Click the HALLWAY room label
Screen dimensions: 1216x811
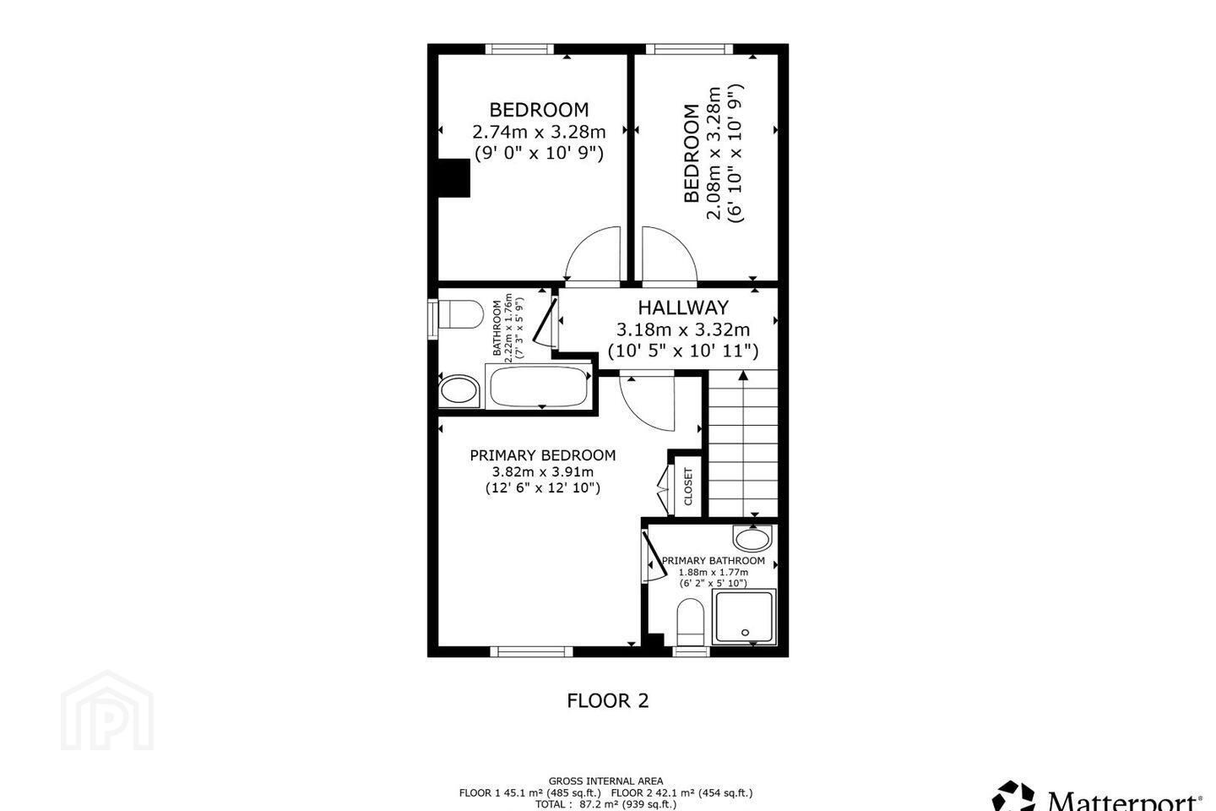[x=683, y=308]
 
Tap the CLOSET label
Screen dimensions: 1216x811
[x=688, y=486]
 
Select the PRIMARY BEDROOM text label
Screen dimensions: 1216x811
[x=543, y=455]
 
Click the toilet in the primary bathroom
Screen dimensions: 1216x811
[x=691, y=622]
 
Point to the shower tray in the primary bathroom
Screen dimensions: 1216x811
[x=744, y=617]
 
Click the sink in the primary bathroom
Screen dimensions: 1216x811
[x=752, y=538]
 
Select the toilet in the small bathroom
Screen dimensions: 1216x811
[x=460, y=315]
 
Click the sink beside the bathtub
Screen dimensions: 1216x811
[x=459, y=391]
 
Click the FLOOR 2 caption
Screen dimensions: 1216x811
[x=608, y=700]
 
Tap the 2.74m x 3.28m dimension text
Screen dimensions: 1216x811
[x=539, y=132]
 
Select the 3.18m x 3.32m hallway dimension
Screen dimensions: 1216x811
[x=683, y=329]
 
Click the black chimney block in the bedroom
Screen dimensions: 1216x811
[x=453, y=177]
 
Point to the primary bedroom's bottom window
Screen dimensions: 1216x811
[x=531, y=651]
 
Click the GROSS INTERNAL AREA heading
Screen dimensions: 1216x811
[x=605, y=781]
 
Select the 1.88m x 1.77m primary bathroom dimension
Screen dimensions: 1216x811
[x=714, y=572]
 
